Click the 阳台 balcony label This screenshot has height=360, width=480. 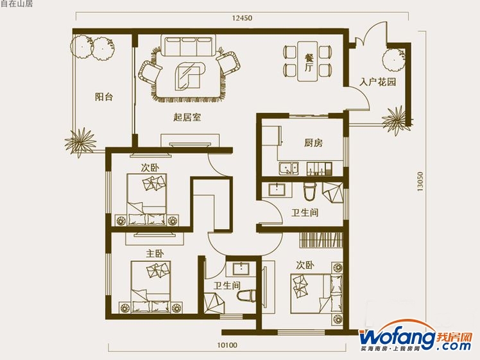tap(104, 97)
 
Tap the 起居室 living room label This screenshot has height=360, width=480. tap(187, 117)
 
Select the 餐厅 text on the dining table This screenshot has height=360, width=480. tap(309, 63)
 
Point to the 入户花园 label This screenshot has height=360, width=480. tap(378, 82)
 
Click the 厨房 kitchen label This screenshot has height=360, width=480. tap(313, 142)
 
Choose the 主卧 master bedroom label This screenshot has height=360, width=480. tap(155, 253)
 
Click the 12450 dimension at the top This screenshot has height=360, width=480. tap(242, 18)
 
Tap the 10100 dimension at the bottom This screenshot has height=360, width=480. tap(227, 345)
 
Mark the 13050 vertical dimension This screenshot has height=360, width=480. tap(420, 182)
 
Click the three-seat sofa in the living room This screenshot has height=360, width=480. tap(188, 46)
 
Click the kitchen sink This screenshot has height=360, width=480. tap(288, 168)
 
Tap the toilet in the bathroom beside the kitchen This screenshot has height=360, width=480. tap(310, 191)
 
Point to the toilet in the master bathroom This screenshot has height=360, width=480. tap(246, 296)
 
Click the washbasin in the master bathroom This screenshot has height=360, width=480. tap(241, 269)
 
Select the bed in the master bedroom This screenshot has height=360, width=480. tap(151, 287)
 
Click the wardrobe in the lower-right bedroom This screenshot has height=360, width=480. tap(320, 240)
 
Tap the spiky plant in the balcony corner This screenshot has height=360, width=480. tap(80, 142)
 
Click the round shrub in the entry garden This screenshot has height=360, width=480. tap(393, 60)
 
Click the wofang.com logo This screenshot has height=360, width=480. tap(415, 338)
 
